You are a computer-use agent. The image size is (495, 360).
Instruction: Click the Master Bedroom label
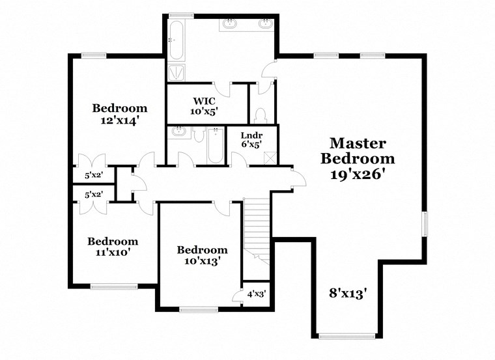pos(358,150)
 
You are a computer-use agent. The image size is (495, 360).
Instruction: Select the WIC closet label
pos(203,101)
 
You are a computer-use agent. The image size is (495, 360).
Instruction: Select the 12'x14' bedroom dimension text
pos(119,120)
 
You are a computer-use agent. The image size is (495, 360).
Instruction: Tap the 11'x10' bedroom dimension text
pos(113,253)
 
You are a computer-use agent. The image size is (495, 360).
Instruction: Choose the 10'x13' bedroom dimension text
pos(202,262)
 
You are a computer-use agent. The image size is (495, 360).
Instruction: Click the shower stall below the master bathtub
pos(176,72)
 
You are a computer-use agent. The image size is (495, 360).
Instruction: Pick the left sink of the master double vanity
pos(230,24)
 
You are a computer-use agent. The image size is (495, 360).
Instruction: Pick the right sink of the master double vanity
pos(265,24)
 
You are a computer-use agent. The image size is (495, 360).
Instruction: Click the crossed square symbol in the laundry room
pos(271,158)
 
